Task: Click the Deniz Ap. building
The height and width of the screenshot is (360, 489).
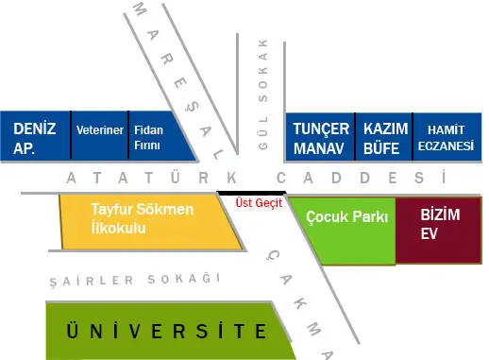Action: click(x=35, y=138)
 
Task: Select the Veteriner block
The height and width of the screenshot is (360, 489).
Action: click(x=100, y=130)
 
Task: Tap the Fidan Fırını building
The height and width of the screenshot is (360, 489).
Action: click(x=148, y=138)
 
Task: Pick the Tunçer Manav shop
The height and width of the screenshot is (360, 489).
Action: click(x=321, y=138)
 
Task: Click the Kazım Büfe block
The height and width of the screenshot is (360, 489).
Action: click(x=384, y=138)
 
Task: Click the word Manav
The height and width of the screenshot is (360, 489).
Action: click(x=321, y=149)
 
